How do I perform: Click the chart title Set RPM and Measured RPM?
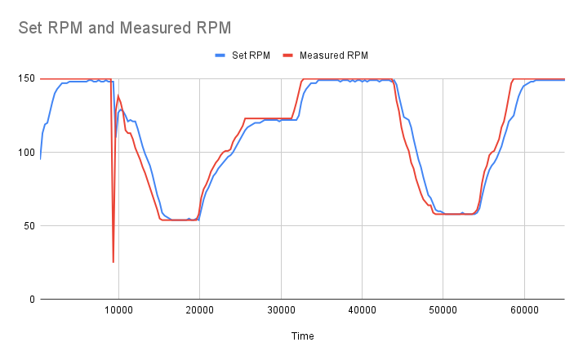click(x=125, y=28)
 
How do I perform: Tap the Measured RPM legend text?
click(x=334, y=56)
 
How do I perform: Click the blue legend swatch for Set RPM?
click(x=220, y=56)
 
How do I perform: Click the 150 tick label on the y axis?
click(x=25, y=79)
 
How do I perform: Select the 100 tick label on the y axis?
click(x=25, y=153)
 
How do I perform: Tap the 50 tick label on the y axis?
click(x=28, y=226)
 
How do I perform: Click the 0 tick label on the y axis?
click(x=30, y=300)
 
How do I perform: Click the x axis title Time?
click(x=301, y=336)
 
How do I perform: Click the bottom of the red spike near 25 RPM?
click(x=113, y=262)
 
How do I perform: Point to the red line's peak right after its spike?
click(x=118, y=96)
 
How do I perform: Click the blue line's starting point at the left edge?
click(x=40, y=158)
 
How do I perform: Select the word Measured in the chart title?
click(x=154, y=28)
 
